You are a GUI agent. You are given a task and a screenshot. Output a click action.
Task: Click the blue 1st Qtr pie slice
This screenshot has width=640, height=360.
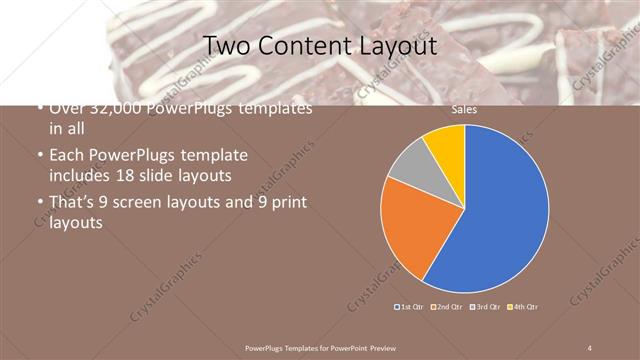[500, 210]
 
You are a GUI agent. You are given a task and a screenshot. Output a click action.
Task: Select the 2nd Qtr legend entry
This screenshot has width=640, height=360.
[447, 306]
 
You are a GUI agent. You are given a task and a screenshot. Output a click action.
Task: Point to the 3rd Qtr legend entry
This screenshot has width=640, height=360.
[486, 306]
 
